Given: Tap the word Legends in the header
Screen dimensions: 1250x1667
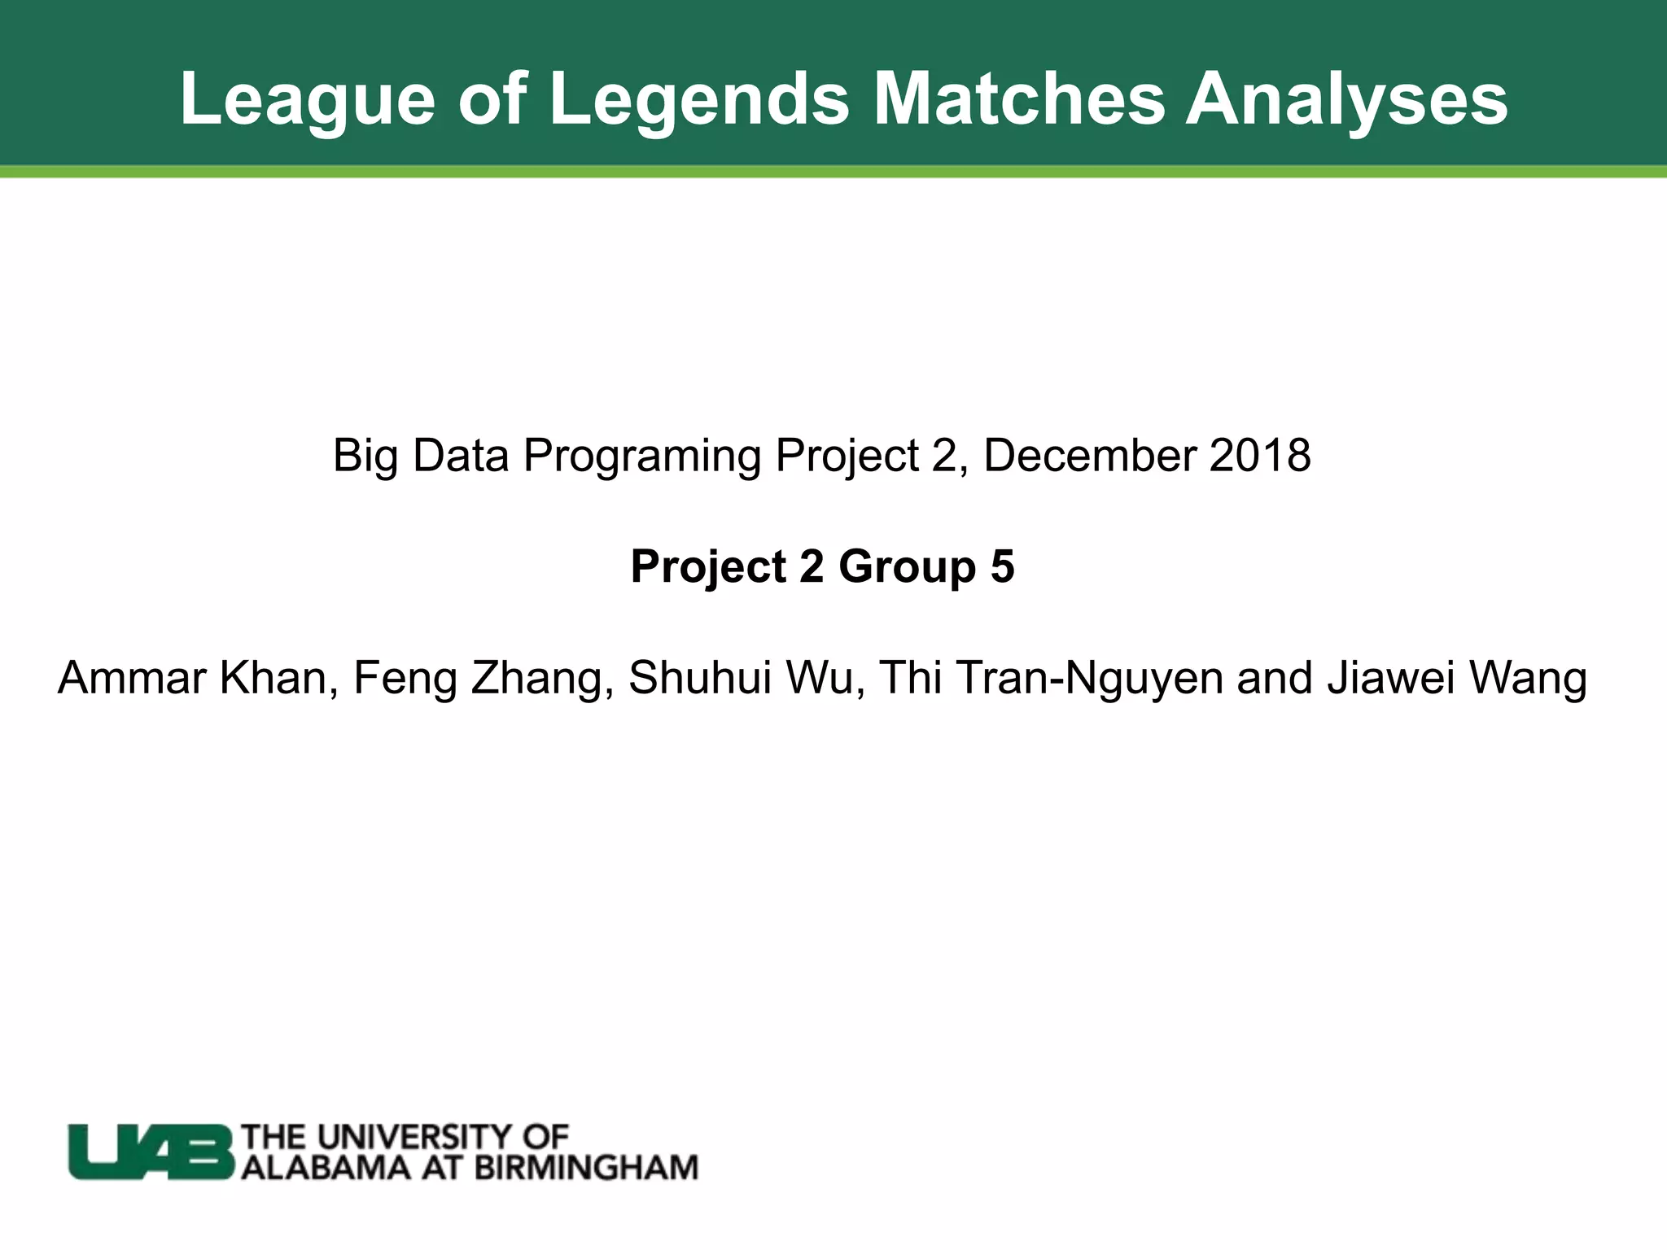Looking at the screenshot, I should tap(699, 99).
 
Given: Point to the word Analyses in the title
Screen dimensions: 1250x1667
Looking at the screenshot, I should tap(1346, 99).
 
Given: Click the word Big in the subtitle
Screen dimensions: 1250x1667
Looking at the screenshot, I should tap(365, 456).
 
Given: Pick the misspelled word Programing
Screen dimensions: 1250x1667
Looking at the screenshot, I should tap(642, 456).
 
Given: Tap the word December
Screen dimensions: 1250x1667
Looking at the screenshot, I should tap(1090, 456).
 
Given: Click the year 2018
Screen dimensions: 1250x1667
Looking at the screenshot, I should tap(1260, 456).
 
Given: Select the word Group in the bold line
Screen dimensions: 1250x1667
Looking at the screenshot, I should tap(908, 566).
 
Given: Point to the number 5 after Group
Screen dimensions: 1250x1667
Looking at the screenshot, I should tap(1003, 566).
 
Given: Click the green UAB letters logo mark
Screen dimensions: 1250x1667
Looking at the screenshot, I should tap(151, 1152).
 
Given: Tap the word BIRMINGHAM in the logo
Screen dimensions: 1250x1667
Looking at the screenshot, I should tap(586, 1168).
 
